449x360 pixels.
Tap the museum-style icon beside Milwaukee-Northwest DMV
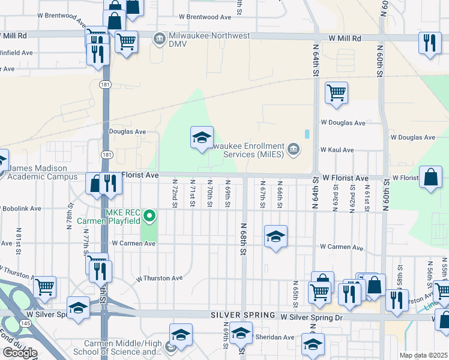click(x=160, y=40)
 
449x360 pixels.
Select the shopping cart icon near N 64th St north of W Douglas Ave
click(x=336, y=93)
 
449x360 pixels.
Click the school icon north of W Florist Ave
click(x=202, y=137)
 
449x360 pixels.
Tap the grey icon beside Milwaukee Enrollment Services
click(x=293, y=149)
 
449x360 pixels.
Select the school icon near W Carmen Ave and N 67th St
click(x=276, y=236)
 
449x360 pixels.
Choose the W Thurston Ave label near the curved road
click(x=159, y=278)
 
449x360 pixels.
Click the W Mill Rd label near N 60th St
click(x=345, y=38)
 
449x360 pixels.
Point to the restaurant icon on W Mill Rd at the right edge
click(x=429, y=43)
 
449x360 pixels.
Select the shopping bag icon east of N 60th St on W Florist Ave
click(x=431, y=178)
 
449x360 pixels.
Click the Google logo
click(x=19, y=353)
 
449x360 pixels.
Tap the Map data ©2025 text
click(x=423, y=355)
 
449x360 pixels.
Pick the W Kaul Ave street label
click(x=337, y=149)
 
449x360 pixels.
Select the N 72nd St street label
click(x=175, y=193)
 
